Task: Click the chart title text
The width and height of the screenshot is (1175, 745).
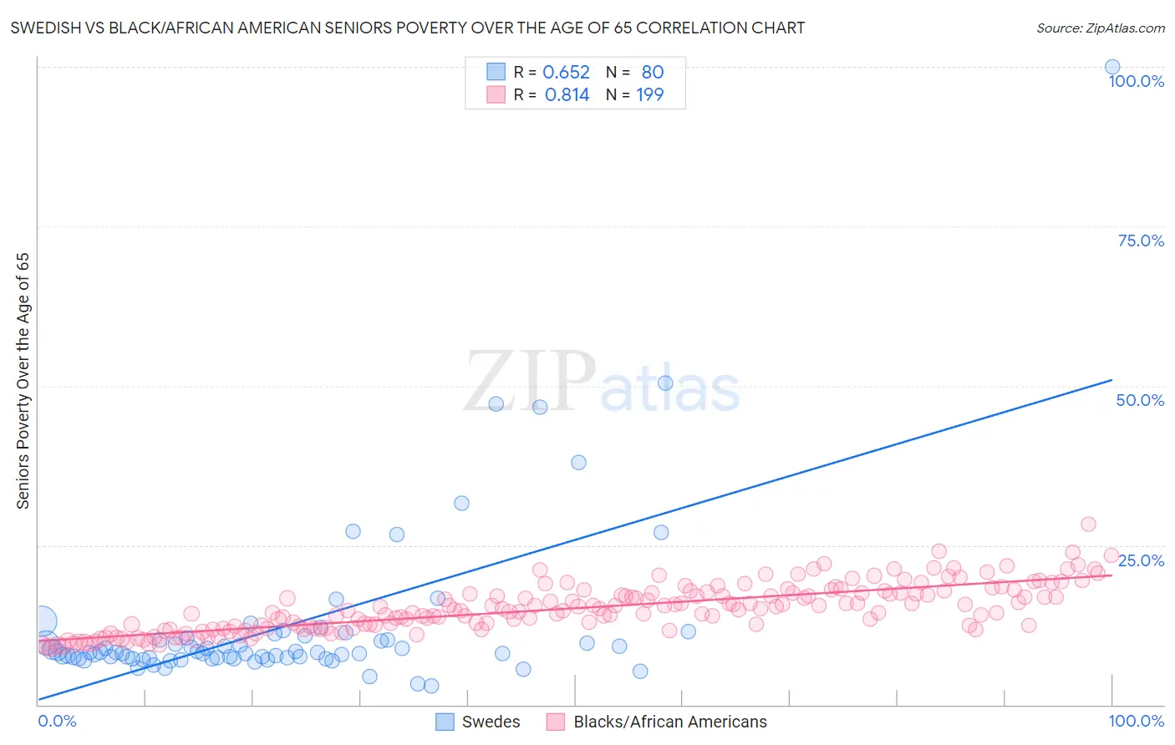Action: pyautogui.click(x=408, y=28)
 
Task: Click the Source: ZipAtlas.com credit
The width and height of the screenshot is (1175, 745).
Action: pyautogui.click(x=1100, y=28)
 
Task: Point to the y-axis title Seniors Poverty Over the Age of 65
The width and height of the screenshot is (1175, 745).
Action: pyautogui.click(x=23, y=381)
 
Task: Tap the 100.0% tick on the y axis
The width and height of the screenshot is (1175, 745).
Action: pyautogui.click(x=1136, y=81)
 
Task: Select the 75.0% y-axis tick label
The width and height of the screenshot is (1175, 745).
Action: pyautogui.click(x=1141, y=241)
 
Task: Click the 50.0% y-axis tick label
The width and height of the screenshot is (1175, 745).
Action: pyautogui.click(x=1140, y=400)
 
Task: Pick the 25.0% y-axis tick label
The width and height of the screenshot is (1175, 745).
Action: pyautogui.click(x=1141, y=560)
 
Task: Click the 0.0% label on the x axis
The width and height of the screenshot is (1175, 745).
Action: pyautogui.click(x=57, y=721)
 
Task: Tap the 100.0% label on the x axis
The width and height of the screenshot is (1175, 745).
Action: pyautogui.click(x=1136, y=721)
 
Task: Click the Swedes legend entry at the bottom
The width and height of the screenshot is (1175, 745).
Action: pyautogui.click(x=479, y=722)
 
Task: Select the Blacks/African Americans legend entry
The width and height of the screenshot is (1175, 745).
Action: pyautogui.click(x=657, y=722)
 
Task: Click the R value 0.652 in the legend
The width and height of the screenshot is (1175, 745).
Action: pyautogui.click(x=566, y=73)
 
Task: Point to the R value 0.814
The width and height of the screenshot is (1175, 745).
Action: pyautogui.click(x=567, y=95)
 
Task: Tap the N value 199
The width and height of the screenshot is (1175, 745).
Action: pyautogui.click(x=649, y=95)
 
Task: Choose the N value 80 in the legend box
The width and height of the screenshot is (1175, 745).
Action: pyautogui.click(x=652, y=73)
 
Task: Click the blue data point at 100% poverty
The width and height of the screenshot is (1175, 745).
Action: pyautogui.click(x=1112, y=67)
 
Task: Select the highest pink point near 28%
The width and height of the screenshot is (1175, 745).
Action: pyautogui.click(x=1088, y=524)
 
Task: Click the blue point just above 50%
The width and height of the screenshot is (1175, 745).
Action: pyautogui.click(x=665, y=383)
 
